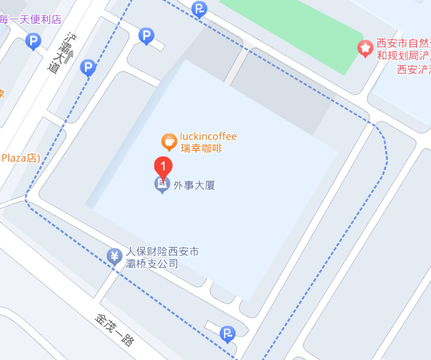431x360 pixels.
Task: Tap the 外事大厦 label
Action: click(194, 185)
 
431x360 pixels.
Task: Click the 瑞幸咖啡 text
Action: click(201, 148)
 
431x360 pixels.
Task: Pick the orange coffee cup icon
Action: click(169, 141)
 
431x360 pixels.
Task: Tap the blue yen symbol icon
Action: click(115, 256)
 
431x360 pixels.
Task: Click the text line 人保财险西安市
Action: click(163, 252)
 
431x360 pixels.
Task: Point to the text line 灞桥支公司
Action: click(152, 264)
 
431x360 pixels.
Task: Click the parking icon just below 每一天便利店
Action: click(34, 42)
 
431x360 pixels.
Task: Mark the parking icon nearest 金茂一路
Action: click(227, 334)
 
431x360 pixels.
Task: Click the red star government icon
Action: click(366, 48)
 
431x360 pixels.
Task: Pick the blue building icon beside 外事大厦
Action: click(162, 185)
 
